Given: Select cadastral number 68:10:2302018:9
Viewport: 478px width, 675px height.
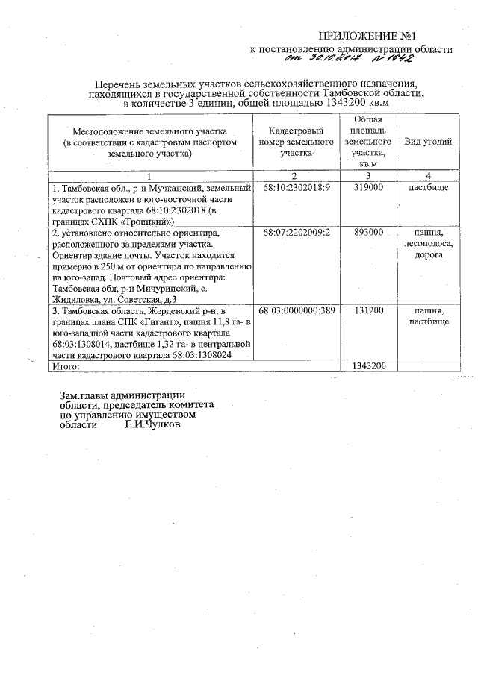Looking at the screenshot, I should click(x=297, y=188).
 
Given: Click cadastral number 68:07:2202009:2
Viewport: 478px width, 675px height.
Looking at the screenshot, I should click(x=297, y=233).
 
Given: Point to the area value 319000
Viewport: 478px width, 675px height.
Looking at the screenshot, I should click(x=368, y=188).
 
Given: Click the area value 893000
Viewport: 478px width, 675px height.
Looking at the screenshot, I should click(x=368, y=233).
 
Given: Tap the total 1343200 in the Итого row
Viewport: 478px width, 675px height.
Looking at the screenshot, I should click(x=368, y=366).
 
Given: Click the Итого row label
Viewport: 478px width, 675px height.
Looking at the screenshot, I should click(x=66, y=366).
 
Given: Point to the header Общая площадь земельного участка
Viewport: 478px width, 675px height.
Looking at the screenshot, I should click(x=368, y=141).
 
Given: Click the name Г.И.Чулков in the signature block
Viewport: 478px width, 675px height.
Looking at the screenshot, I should click(x=152, y=426).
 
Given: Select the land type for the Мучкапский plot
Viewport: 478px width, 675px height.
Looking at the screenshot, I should click(x=428, y=188).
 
